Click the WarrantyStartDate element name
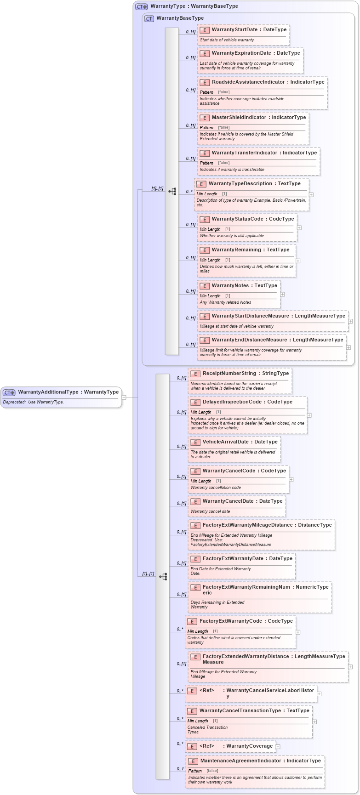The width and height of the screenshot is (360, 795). click(x=234, y=29)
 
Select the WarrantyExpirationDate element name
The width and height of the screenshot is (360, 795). click(x=241, y=53)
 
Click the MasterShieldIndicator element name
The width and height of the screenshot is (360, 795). click(x=239, y=117)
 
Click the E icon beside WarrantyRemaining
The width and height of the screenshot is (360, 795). click(x=205, y=250)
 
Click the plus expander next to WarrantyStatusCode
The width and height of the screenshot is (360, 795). click(x=299, y=227)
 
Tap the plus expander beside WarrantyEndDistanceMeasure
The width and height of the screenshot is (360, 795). click(x=348, y=347)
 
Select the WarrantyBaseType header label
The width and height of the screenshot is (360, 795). click(x=180, y=18)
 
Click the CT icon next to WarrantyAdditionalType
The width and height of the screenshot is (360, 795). click(x=9, y=392)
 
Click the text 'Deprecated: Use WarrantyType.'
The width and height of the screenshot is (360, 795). click(x=33, y=402)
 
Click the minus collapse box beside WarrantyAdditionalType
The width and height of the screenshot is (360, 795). click(x=124, y=397)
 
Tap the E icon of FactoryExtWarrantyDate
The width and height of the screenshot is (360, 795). click(x=195, y=559)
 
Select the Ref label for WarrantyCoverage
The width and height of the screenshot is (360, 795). click(x=207, y=746)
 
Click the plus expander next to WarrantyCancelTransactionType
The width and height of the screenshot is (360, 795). click(x=314, y=721)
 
